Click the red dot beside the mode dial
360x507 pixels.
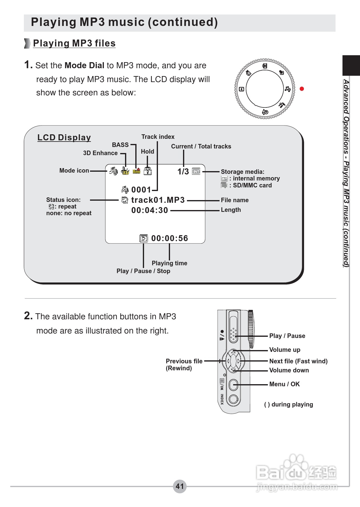pos(301,89)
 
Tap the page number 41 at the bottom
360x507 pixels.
pos(180,486)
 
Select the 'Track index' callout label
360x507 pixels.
pos(158,137)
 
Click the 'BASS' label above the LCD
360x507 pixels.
pos(120,145)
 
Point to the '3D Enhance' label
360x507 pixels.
pos(100,153)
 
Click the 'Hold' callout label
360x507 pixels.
pos(147,151)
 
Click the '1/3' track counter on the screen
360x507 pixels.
pos(183,172)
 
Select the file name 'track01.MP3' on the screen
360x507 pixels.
pos(158,200)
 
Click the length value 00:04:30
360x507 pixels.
pos(149,210)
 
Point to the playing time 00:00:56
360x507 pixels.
pos(169,238)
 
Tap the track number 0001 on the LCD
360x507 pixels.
pos(141,190)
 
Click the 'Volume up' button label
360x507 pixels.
pos(284,350)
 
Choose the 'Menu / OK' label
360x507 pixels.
pos(284,384)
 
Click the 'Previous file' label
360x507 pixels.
pos(184,361)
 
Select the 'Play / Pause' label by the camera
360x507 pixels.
pos(287,336)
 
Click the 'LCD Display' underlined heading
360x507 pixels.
pos(64,138)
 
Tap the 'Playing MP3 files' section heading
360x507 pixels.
pos(74,43)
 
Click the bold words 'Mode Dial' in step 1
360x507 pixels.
pos(84,65)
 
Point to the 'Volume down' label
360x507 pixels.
pos(289,370)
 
